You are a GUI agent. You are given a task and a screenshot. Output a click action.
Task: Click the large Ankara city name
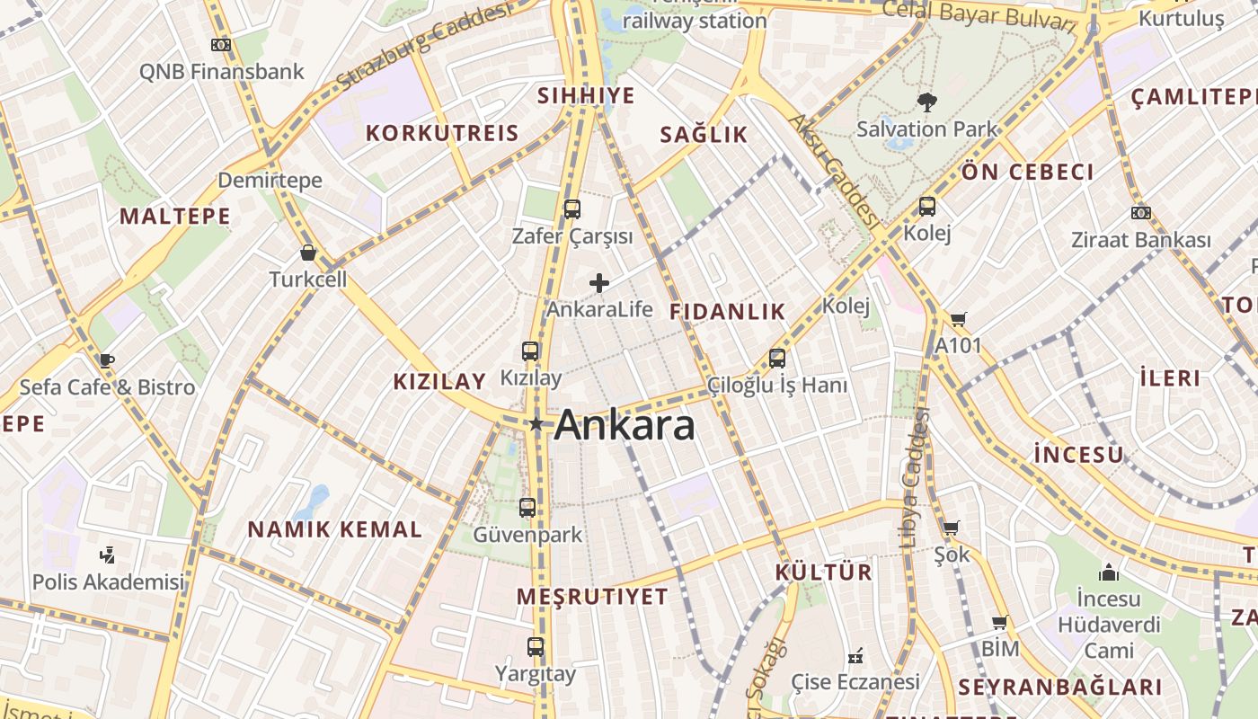pyautogui.click(x=625, y=425)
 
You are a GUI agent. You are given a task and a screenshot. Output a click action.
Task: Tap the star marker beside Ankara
pyautogui.click(x=536, y=423)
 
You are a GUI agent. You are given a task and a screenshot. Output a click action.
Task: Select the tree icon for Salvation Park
pyautogui.click(x=926, y=102)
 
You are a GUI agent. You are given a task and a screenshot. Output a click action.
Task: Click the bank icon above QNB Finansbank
pyautogui.click(x=221, y=45)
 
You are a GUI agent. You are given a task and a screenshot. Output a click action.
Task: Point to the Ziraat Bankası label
pyautogui.click(x=1140, y=240)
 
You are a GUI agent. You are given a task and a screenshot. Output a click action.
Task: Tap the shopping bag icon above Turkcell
pyautogui.click(x=308, y=253)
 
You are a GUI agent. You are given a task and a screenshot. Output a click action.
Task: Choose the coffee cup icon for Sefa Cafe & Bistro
pyautogui.click(x=106, y=360)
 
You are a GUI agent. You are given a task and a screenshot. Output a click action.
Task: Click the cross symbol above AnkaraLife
pyautogui.click(x=599, y=284)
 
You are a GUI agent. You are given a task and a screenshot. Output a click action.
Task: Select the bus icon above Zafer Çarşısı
pyautogui.click(x=572, y=209)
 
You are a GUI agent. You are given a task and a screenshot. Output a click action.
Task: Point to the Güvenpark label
pyautogui.click(x=527, y=535)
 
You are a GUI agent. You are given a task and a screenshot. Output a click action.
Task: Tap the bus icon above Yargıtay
pyautogui.click(x=536, y=646)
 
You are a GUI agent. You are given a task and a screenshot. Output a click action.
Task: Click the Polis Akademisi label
pyautogui.click(x=108, y=581)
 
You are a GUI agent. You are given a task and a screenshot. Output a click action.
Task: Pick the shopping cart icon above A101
pyautogui.click(x=959, y=319)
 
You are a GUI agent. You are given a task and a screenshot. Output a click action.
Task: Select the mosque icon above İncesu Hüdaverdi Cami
pyautogui.click(x=1109, y=573)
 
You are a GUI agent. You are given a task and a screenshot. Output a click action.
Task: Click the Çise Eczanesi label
pyautogui.click(x=855, y=682)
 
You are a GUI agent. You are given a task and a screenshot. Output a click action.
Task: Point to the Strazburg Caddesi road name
pyautogui.click(x=423, y=46)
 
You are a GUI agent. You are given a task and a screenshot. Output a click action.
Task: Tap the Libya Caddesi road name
pyautogui.click(x=915, y=476)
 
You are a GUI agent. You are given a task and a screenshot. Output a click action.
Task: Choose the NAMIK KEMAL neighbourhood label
pyautogui.click(x=334, y=529)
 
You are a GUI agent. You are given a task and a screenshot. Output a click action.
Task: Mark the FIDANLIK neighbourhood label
pyautogui.click(x=728, y=312)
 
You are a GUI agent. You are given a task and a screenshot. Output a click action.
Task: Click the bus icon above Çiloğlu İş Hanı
pyautogui.click(x=777, y=359)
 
